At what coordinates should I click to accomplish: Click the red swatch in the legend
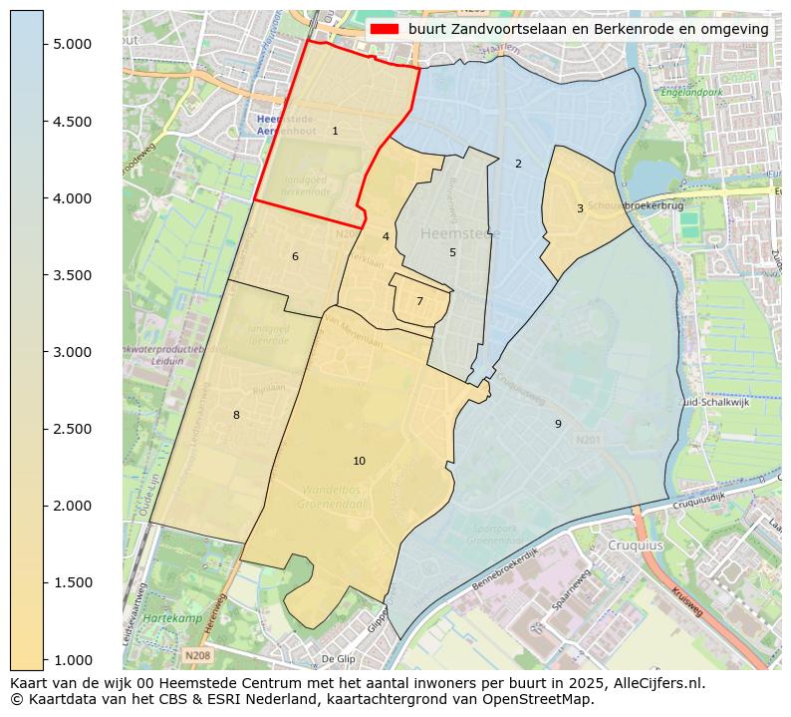point(386,29)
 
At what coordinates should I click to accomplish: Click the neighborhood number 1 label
point(335,131)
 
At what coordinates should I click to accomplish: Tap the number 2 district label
point(518,164)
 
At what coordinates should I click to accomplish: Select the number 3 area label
point(580,208)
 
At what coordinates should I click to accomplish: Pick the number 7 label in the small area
point(419,301)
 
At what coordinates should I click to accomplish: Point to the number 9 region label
point(558,424)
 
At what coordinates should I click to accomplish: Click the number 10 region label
point(359,461)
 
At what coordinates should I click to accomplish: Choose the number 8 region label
point(236,415)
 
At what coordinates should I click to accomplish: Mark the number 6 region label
point(295,256)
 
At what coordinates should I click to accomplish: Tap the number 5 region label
point(452,252)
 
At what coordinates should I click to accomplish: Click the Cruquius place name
point(635,545)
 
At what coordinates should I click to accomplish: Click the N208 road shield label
point(196,655)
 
